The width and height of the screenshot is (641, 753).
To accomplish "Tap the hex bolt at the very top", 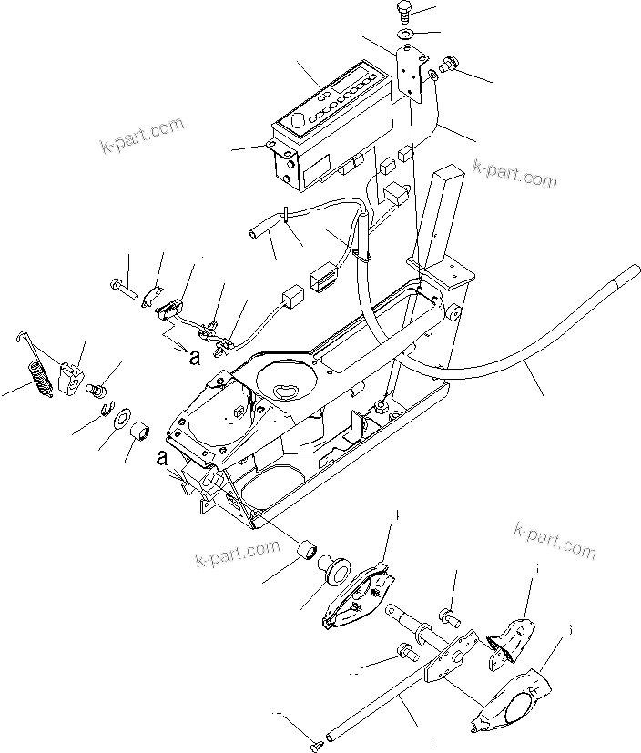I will tap(405, 14).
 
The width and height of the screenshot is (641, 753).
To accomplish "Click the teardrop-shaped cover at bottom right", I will tap(514, 701).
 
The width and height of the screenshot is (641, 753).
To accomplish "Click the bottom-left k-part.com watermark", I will tap(238, 553).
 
